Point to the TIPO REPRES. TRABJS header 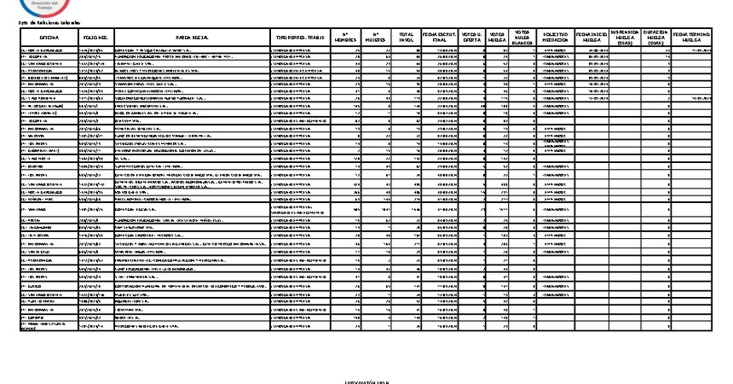pyautogui.click(x=297, y=38)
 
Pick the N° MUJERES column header pyautogui.click(x=372, y=38)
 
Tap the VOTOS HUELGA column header pyautogui.click(x=498, y=38)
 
